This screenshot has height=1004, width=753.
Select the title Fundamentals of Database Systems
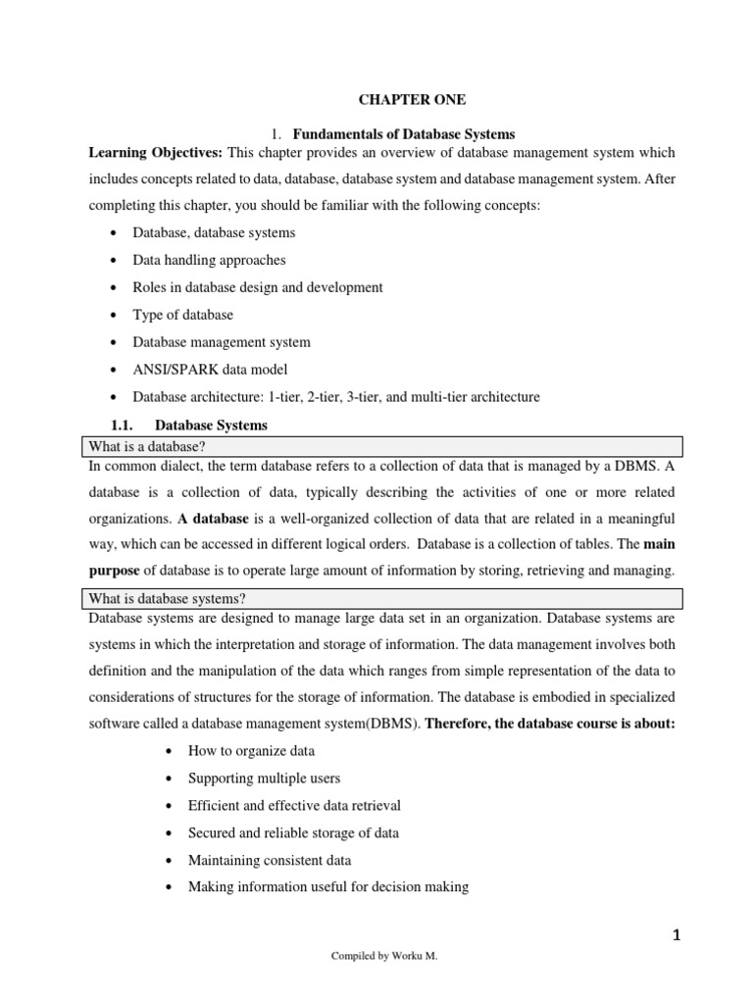coord(404,133)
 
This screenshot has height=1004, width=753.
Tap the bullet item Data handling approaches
coord(210,260)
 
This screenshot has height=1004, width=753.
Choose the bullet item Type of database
coord(182,315)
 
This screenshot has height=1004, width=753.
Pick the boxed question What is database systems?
coord(162,598)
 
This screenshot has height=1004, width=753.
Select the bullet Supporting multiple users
coord(264,778)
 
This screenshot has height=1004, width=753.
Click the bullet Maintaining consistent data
coord(270,860)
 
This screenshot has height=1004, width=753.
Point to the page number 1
coord(676,935)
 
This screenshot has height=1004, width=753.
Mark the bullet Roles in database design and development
coord(258,287)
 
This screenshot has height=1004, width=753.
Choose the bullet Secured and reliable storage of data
coord(293,832)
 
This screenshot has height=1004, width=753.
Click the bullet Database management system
coord(222,342)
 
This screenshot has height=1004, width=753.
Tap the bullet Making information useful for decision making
coord(328,887)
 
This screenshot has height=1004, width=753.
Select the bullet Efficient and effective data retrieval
coord(294,805)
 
